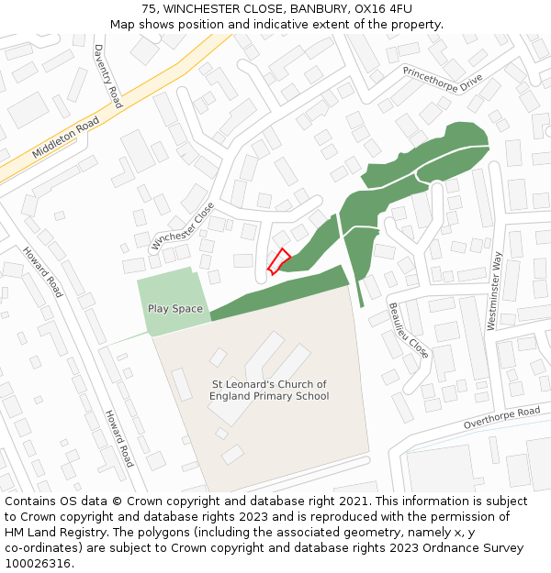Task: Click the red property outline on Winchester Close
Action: coord(278,261)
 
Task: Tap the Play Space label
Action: coord(174,309)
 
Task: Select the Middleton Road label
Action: coord(64,138)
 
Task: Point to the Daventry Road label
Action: coord(107,76)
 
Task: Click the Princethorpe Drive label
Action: coord(442,79)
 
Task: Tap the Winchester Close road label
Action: coord(183,226)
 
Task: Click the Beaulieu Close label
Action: coord(408,330)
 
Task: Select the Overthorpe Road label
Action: coord(501,418)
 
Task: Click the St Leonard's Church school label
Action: coord(269,391)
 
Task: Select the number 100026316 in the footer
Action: coord(38,563)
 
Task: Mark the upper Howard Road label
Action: coord(43,272)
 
